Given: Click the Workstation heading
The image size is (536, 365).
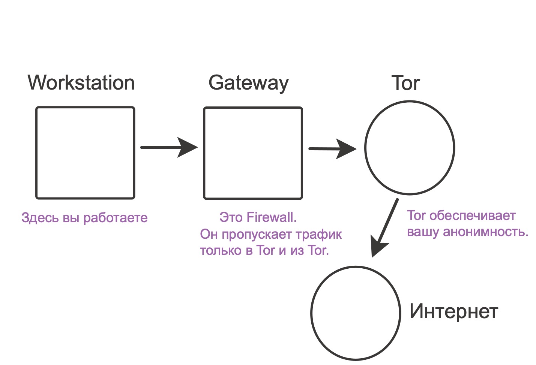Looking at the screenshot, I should point(81,82).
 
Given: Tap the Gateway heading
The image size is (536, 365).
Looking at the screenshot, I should point(249,83).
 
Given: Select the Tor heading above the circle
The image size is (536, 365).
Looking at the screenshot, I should point(405,83).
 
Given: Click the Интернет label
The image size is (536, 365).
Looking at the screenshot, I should point(453,311).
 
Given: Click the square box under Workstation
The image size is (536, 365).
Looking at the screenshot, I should point(85,153).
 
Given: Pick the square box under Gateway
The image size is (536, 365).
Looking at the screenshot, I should point(253,153).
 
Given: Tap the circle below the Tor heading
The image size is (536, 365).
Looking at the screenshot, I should point(410,148).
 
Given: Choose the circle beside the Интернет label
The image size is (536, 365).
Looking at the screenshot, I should point(356,313).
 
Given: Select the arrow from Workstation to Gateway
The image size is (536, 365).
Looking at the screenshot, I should point(169,147).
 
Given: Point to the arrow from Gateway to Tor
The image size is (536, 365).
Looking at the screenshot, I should point(332,149).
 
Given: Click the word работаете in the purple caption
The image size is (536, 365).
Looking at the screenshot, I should point(116,218).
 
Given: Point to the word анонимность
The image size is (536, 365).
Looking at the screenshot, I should point(485,232).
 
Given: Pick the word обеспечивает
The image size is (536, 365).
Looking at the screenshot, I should point(473,216).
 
